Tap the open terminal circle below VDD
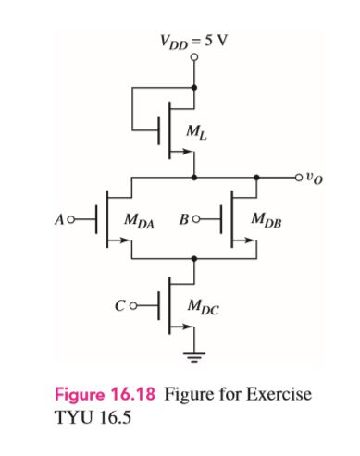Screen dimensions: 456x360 coord(194,57)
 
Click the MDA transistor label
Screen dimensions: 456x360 coord(141,222)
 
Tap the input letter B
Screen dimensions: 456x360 coord(185,222)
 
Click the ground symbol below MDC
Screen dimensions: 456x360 coord(194,354)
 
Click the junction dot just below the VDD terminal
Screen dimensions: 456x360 coord(194,88)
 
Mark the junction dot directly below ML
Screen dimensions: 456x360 coord(194,175)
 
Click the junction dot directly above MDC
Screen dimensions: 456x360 coord(194,260)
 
